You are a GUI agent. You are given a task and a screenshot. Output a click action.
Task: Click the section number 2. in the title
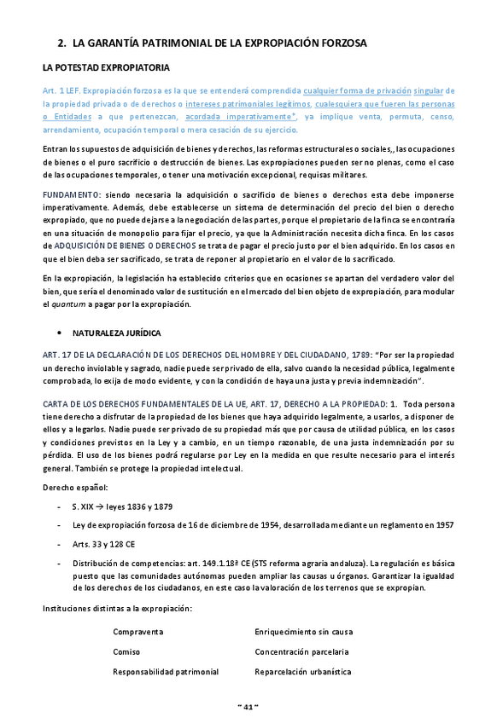click(x=61, y=42)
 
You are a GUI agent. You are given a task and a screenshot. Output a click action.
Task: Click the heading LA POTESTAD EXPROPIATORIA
click(x=105, y=67)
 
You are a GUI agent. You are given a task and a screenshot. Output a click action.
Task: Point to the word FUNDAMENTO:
click(x=72, y=195)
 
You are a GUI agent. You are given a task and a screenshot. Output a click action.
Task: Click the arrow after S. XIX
click(x=97, y=506)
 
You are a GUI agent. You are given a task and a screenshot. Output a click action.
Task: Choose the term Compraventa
click(x=138, y=632)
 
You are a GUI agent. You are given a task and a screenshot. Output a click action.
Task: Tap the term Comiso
click(x=126, y=651)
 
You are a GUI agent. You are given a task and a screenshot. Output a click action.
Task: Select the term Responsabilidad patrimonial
click(x=166, y=672)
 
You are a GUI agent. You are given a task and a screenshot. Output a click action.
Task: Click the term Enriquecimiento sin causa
click(x=303, y=632)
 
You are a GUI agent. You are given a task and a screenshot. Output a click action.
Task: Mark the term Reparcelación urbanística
click(x=302, y=672)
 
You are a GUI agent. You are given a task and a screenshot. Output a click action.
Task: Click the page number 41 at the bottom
click(x=248, y=707)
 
